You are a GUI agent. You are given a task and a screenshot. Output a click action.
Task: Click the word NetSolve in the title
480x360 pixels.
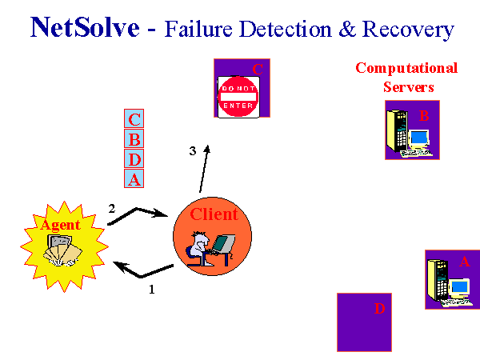coord(85,27)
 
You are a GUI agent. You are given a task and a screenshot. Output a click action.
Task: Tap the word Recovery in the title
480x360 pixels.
coord(408,30)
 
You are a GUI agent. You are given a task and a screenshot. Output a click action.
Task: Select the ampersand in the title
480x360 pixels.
coord(347,29)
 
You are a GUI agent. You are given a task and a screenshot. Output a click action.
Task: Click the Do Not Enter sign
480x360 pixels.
coord(238,97)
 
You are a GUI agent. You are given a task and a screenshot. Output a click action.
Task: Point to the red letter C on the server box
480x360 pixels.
coord(258,69)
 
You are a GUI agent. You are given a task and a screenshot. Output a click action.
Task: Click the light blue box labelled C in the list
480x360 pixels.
coord(134,118)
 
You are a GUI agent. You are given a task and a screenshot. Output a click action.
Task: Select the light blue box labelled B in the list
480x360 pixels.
coord(134,138)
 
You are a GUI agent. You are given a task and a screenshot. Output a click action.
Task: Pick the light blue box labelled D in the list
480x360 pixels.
coord(134,158)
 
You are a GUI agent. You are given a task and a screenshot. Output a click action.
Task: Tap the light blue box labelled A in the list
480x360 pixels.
coord(134,178)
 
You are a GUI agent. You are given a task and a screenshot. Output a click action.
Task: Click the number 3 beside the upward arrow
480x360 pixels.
coord(193,151)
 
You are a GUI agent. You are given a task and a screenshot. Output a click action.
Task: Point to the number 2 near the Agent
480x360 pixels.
coord(112,209)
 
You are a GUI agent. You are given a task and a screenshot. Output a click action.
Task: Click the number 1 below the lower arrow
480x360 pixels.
coord(152,290)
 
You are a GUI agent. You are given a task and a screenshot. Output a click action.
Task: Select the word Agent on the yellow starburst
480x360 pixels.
coord(60,226)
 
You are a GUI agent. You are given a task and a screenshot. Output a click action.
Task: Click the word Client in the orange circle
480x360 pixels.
coord(214,214)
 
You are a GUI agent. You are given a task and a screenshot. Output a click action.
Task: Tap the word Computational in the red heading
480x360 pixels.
coord(406,69)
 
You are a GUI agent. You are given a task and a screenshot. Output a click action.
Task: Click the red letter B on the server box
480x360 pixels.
coord(424,116)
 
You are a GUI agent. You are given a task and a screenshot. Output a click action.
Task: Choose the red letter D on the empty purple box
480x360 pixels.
coord(379,309)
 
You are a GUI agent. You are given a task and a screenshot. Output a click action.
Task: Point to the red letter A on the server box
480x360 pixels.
coord(464,262)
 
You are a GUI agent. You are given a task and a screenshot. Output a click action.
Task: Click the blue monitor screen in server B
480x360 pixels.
coord(419,137)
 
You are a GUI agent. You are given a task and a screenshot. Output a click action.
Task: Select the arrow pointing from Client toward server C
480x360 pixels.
coord(204,169)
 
